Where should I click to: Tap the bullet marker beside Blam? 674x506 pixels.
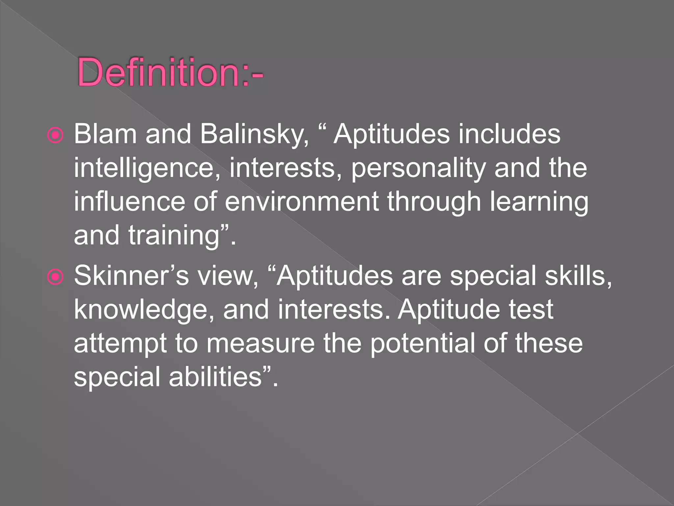coord(55,135)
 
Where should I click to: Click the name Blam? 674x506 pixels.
coord(105,134)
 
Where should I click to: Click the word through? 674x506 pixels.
coord(434,203)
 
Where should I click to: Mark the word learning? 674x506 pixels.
coord(539,203)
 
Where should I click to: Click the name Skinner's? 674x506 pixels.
coord(131,276)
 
